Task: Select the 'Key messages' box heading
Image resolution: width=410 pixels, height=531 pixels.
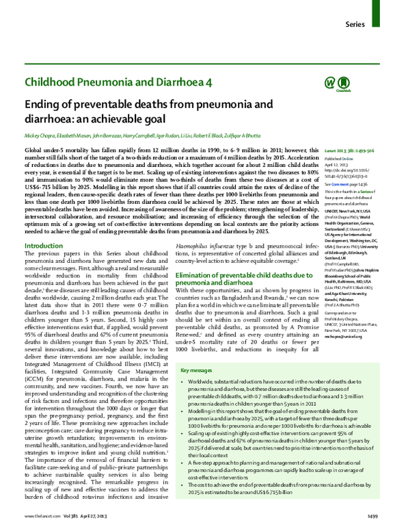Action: pyautogui.click(x=196, y=370)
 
